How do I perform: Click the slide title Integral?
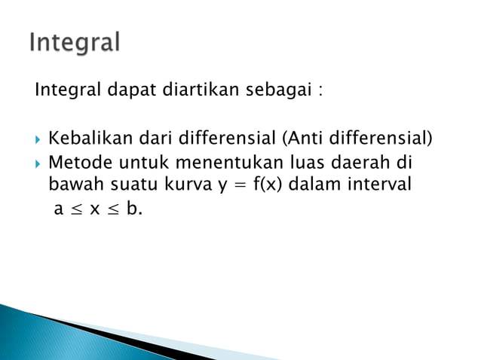[x=75, y=43]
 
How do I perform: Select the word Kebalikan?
[x=84, y=139]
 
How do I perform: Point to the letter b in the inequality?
[x=132, y=208]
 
